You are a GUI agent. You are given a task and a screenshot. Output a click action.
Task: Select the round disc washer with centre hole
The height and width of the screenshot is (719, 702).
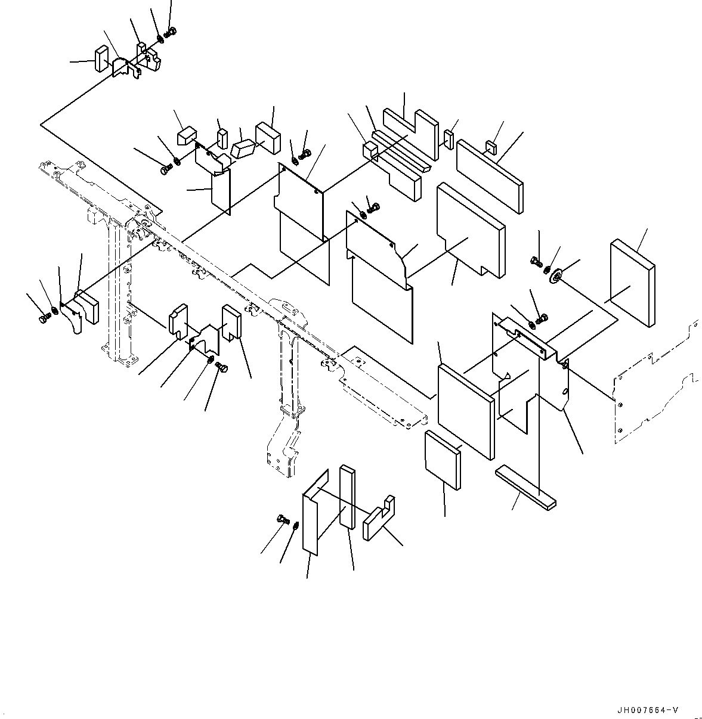coord(555,277)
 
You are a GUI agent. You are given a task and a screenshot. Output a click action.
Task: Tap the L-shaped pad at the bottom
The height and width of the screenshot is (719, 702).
coord(379,518)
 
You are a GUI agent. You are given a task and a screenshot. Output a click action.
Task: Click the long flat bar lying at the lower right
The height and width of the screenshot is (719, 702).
coord(525,487)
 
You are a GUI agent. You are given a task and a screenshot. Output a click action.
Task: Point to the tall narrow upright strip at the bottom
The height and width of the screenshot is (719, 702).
coord(348,497)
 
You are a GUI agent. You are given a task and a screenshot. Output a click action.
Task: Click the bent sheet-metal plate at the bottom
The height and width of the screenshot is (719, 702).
coord(315,513)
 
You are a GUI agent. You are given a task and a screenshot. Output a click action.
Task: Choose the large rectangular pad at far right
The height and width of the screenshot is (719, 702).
coord(632,283)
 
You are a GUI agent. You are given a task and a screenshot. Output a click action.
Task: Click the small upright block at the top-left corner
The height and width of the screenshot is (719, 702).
coord(101,58)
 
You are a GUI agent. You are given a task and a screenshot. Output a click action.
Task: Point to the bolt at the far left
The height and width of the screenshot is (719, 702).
coord(44,317)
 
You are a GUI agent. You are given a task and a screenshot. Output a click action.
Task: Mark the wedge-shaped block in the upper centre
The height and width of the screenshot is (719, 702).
coord(243,148)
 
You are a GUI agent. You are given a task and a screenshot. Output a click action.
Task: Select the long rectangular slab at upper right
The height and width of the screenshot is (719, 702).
coord(490,176)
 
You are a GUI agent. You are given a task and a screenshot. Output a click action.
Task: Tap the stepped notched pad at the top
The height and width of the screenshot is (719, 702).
coord(411,135)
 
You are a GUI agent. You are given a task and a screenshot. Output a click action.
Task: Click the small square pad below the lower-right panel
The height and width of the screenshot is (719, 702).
coord(443,460)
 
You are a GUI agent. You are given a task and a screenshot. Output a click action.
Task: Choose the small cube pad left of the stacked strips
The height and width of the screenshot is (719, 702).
coord(370,150)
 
